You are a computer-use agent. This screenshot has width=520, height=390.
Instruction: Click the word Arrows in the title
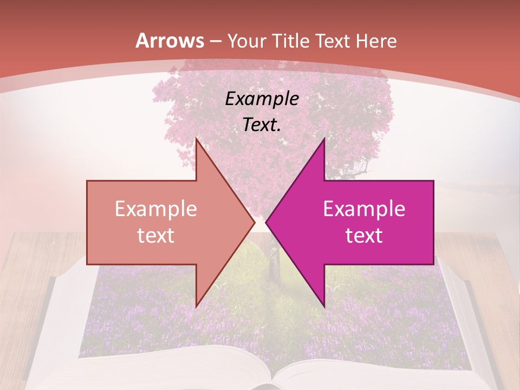tap(170, 41)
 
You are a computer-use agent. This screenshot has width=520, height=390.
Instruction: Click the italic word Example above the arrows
tap(262, 99)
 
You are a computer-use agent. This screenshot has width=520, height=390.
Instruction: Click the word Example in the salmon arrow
tap(155, 209)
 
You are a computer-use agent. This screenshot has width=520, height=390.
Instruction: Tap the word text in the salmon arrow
tap(155, 235)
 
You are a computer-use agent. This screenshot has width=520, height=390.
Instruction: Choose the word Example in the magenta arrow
tap(364, 209)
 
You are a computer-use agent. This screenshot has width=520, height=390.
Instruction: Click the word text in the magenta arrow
tap(364, 235)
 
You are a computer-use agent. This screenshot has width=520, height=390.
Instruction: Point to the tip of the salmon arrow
tap(254, 222)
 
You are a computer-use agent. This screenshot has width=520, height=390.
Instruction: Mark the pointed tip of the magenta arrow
tap(266, 222)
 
